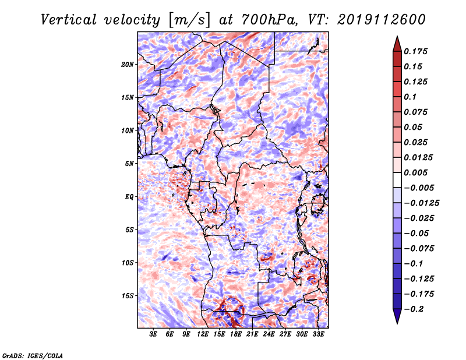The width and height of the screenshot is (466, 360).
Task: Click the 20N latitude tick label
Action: click(127, 65)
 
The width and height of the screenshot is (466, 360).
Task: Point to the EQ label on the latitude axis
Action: click(129, 197)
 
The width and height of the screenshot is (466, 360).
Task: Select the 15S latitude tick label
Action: click(127, 296)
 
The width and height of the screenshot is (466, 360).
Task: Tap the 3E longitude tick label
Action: click(153, 334)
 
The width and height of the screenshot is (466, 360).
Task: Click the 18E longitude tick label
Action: click(236, 334)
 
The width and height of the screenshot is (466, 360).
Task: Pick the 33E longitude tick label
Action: click(318, 334)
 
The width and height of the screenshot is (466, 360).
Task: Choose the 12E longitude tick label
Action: click(203, 334)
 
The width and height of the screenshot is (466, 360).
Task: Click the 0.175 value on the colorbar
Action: click(415, 51)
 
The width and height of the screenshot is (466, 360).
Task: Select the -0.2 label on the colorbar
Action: click(413, 309)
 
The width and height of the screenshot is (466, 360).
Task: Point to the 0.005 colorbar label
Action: click(415, 172)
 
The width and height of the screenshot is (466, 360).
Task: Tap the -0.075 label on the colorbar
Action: click(419, 249)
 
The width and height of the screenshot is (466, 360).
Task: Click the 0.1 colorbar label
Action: click(410, 97)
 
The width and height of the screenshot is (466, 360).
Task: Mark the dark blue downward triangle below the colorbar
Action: click(397, 316)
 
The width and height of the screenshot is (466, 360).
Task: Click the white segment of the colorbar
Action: click(397, 180)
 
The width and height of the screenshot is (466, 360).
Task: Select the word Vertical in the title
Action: click(68, 20)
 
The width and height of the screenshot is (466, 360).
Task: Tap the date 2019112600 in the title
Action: click(382, 20)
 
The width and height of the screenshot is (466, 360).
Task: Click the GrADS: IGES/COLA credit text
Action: click(33, 356)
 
